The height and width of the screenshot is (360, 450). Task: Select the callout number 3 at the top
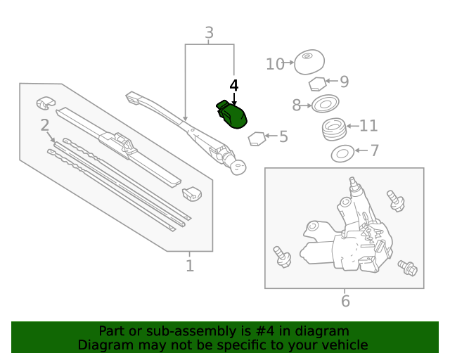[x=209, y=32]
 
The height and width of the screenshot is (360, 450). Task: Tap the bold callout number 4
[x=234, y=85]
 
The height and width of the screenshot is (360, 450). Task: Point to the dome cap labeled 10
[x=309, y=63]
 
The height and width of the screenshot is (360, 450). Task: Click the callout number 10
[x=274, y=65]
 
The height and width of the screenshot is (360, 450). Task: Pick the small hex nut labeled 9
[x=317, y=84]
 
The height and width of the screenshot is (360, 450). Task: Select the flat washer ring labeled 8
[x=324, y=105]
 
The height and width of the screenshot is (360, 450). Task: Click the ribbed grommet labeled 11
[x=335, y=129]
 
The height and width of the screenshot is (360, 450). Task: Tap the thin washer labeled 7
[x=342, y=152]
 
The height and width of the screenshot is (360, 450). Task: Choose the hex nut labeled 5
[x=257, y=137]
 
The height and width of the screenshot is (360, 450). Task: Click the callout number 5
[x=283, y=136]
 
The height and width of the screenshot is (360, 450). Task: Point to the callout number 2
[x=44, y=126]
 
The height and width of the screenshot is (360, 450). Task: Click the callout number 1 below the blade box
[x=189, y=266]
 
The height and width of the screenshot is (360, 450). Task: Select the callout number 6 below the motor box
[x=345, y=302]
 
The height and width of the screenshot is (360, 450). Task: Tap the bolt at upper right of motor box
[x=395, y=200]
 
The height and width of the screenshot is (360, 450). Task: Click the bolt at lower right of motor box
[x=407, y=267]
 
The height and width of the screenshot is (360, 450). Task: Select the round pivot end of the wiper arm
[x=239, y=167]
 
